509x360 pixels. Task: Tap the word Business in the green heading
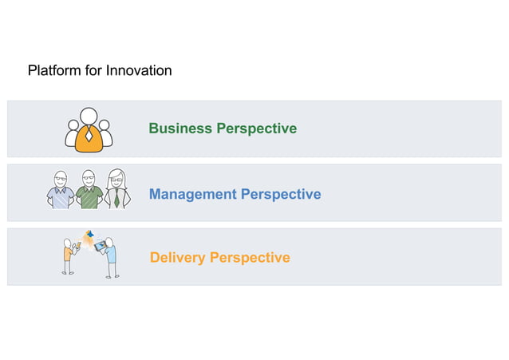coord(180,129)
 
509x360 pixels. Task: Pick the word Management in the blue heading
coord(192,194)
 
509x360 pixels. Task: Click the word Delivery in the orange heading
coord(177,258)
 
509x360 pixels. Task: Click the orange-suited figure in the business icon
coord(89,132)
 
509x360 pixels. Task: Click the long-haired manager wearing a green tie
coord(116,190)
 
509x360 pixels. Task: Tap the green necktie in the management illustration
coord(116,199)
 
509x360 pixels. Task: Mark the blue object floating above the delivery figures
coord(89,234)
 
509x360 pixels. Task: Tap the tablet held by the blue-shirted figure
coord(99,247)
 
